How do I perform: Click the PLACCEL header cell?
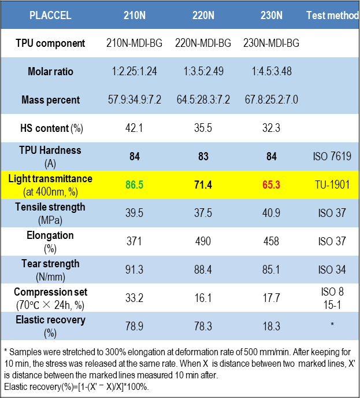coord(50,15)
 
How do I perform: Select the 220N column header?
coord(203,15)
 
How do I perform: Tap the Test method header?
coord(332,15)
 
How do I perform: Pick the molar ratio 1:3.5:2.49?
coord(203,72)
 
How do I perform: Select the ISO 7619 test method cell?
coord(332,157)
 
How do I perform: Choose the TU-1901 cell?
coord(332,185)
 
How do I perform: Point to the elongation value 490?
coord(203,242)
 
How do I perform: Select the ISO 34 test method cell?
coord(332,270)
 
